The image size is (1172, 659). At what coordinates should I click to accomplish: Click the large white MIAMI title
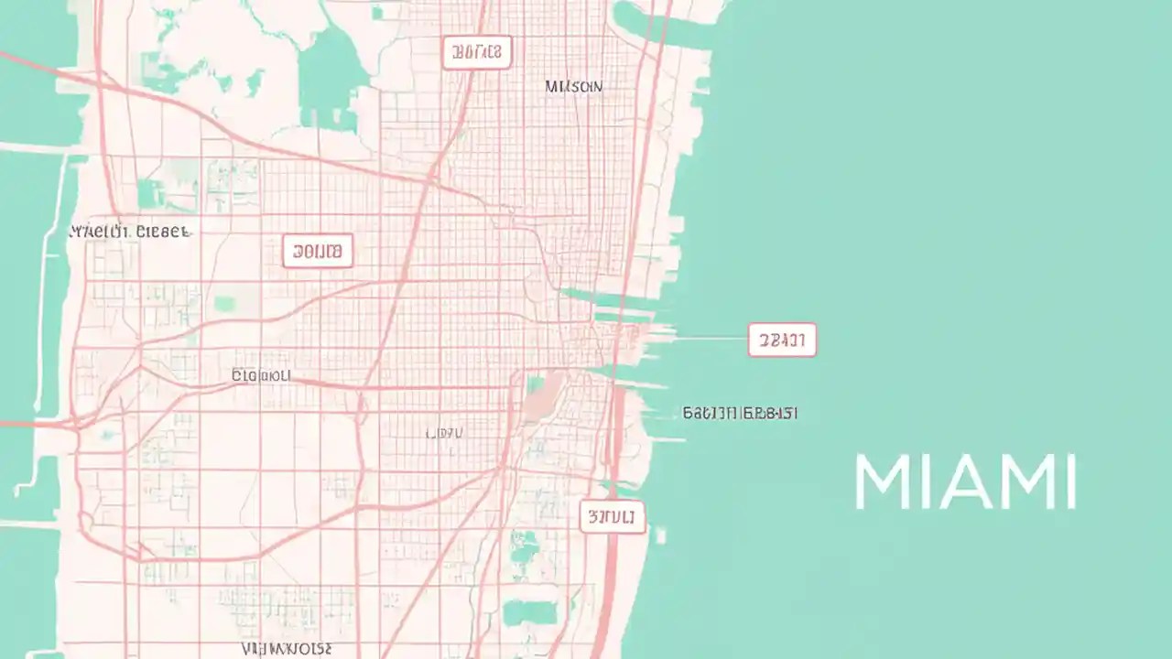pos(965,481)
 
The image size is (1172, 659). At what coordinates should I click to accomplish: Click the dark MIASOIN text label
pos(574,86)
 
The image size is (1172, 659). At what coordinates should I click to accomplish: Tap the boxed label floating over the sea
pos(781,340)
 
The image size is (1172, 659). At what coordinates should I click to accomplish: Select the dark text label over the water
pos(740,413)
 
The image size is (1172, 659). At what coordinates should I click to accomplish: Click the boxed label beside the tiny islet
pos(612,517)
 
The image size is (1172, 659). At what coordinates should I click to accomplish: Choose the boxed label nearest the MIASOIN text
pos(476,53)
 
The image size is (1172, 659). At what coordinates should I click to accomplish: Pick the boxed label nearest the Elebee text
pos(317,251)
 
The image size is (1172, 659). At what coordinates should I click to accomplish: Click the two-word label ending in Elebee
pos(130,232)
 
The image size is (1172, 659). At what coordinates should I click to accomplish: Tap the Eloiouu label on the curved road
pos(261,375)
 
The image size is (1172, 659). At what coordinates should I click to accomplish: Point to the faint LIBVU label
pos(445,433)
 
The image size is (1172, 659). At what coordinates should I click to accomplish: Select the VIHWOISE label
pos(287,649)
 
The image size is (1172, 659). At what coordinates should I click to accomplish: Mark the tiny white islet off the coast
pos(660,535)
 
